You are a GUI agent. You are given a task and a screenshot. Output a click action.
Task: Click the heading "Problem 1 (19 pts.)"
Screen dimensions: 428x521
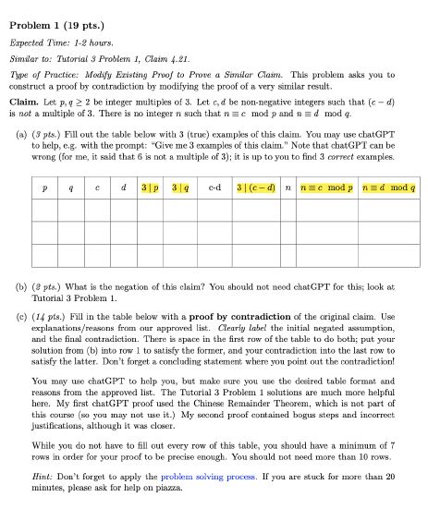tap(56, 12)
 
